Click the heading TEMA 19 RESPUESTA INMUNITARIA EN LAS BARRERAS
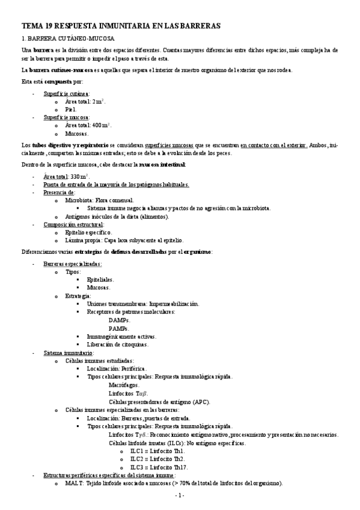click(x=121, y=26)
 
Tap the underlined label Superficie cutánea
click(x=66, y=94)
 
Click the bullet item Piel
click(x=71, y=109)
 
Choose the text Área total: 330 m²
click(x=66, y=176)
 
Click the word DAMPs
click(x=120, y=321)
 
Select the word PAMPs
click(x=119, y=328)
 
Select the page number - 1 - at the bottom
click(x=179, y=495)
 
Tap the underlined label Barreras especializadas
click(x=73, y=264)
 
